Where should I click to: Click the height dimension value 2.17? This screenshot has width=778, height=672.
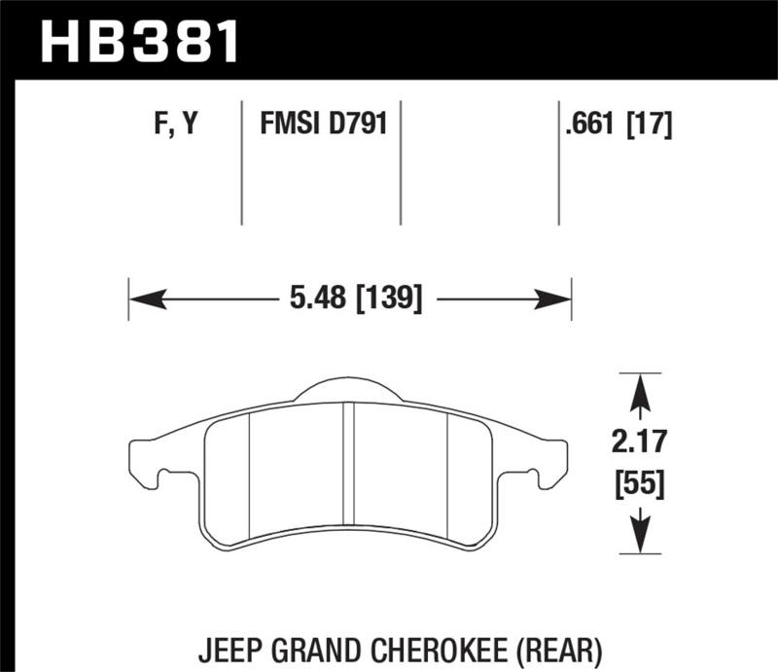click(640, 444)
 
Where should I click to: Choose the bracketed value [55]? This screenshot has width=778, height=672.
click(640, 482)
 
